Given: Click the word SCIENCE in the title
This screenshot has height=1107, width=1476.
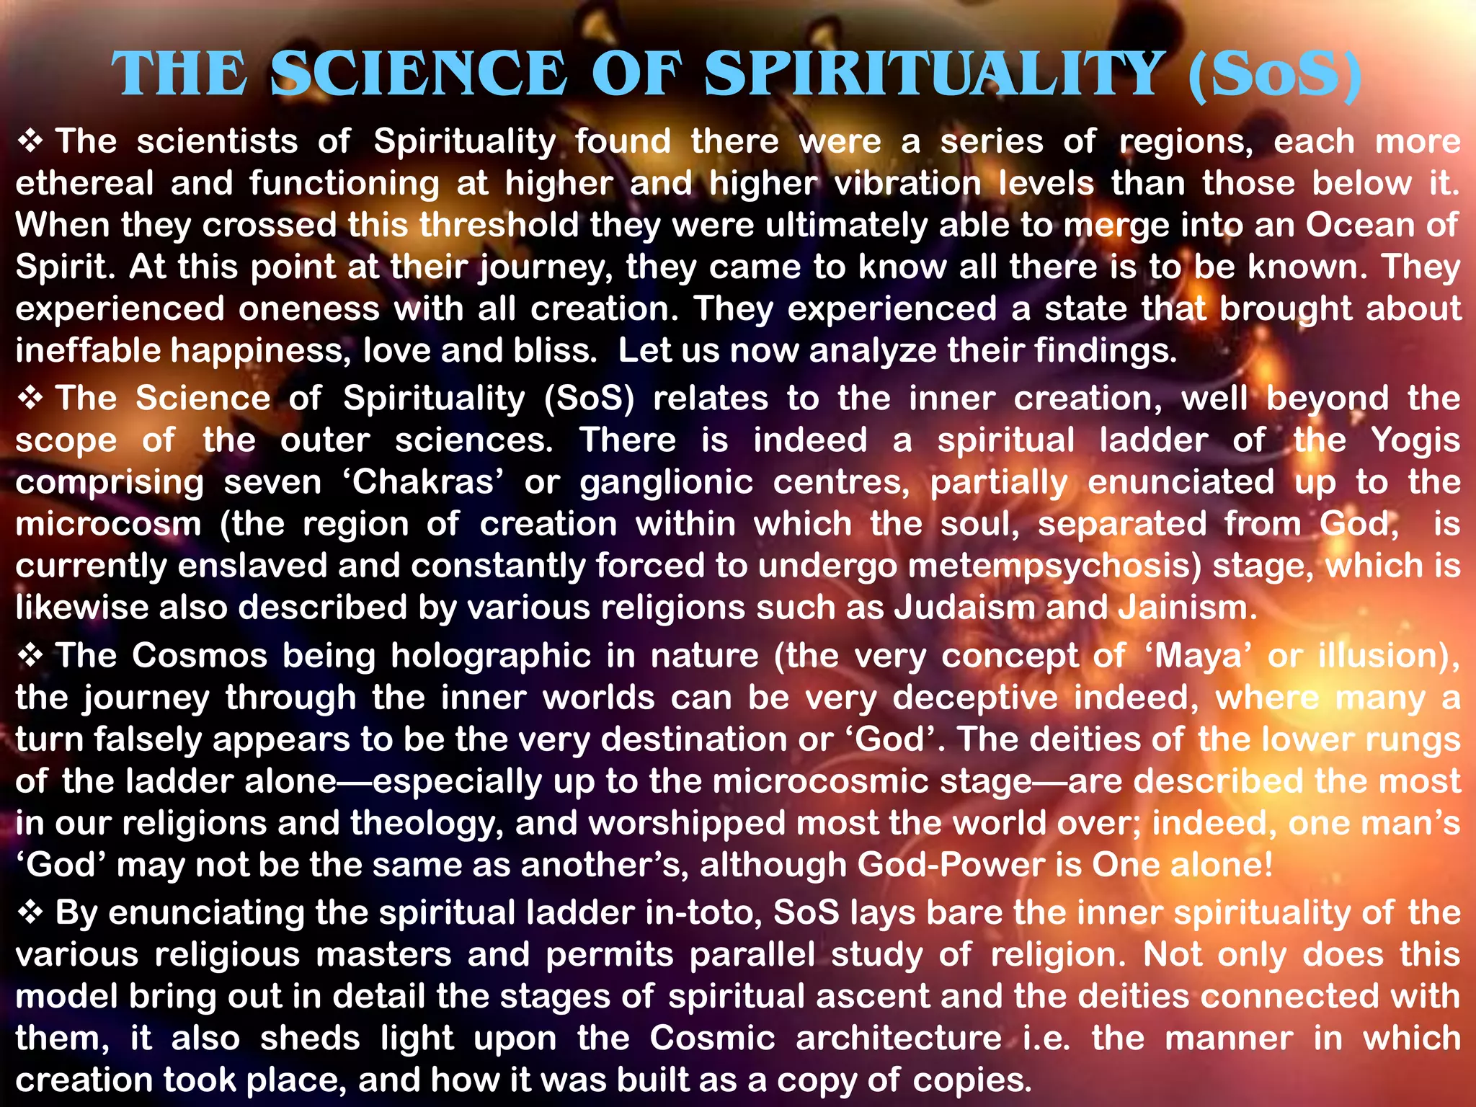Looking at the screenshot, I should point(419,74).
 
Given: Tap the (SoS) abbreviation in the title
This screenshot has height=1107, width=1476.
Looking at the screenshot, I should point(1274,76).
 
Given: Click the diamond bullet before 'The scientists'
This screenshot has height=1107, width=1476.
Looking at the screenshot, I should point(30,141).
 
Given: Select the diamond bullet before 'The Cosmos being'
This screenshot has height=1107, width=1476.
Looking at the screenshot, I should point(30,655).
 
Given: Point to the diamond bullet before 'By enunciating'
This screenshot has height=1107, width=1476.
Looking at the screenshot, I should point(30,912).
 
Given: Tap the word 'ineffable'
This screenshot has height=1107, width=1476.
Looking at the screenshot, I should point(87,351).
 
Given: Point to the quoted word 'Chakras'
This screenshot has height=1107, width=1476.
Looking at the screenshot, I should point(423,482).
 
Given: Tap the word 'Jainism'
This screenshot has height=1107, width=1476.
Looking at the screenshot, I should point(1187,608).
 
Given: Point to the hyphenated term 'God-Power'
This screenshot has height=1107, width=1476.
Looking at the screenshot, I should point(951,865).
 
